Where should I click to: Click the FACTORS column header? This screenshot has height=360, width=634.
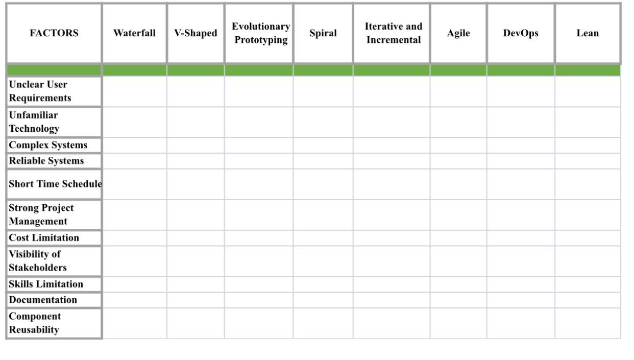click(x=54, y=34)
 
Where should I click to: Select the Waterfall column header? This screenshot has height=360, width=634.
click(x=135, y=34)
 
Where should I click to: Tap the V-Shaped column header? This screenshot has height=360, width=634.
click(x=196, y=34)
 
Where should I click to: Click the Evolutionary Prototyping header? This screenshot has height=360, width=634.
click(x=259, y=34)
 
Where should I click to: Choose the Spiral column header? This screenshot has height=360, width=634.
click(x=323, y=34)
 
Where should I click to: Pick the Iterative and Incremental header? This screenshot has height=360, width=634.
click(x=392, y=34)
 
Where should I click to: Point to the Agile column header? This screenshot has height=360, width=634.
click(x=458, y=34)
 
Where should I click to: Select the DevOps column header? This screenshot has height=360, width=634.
click(x=521, y=34)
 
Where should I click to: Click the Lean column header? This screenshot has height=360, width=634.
click(x=588, y=34)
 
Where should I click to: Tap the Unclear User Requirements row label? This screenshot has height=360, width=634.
click(x=39, y=91)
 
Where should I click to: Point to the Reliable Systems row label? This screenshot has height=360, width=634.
click(x=46, y=161)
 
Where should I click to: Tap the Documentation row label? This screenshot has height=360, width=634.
click(x=43, y=300)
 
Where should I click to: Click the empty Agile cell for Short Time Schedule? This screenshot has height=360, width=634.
click(x=458, y=184)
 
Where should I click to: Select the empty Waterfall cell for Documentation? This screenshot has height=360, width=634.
click(x=135, y=300)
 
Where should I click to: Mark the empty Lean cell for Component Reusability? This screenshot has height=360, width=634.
click(x=588, y=323)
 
